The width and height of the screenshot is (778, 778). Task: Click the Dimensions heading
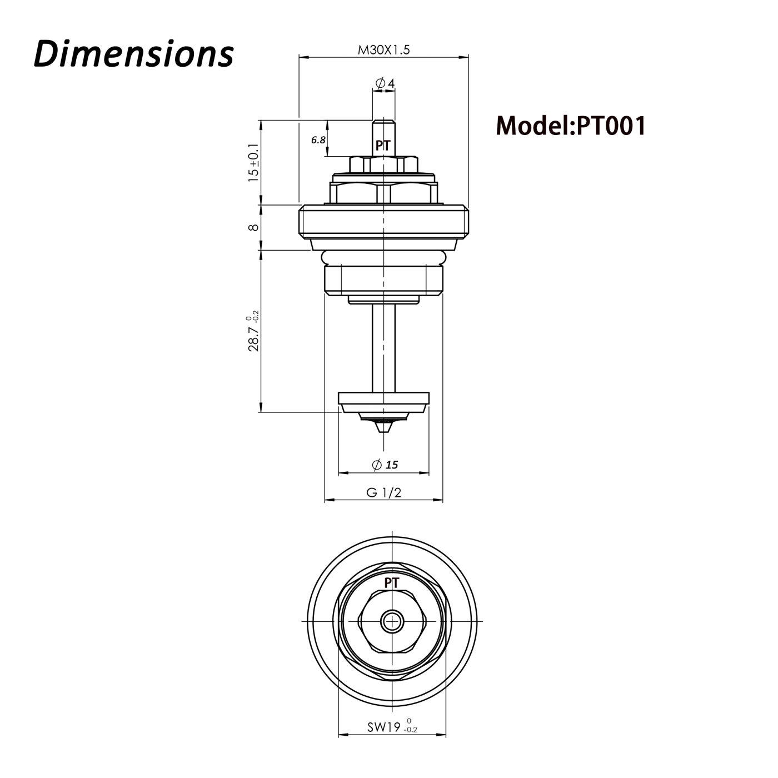pos(133,54)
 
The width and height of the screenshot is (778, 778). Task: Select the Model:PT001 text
pos(571,126)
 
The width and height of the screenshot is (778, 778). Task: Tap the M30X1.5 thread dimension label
pos(383,50)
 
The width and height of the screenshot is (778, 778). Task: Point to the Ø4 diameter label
pos(385,83)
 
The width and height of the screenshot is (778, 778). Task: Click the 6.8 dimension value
pos(318,140)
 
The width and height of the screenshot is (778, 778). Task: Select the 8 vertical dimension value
pos(253,227)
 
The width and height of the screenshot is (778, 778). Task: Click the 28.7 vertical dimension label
pos(254,333)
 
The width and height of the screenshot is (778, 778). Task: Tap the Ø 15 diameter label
pos(385,465)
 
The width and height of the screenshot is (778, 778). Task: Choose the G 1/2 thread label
pos(383,492)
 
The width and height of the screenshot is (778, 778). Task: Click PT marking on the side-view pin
pos(383,146)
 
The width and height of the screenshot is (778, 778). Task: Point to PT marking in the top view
pos(392,583)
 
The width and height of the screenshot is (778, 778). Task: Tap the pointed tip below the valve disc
pos(383,428)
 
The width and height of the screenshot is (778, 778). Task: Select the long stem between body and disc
pos(383,347)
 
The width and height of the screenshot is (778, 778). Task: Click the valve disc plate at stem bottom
pos(383,398)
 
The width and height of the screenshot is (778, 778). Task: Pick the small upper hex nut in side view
pos(383,165)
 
